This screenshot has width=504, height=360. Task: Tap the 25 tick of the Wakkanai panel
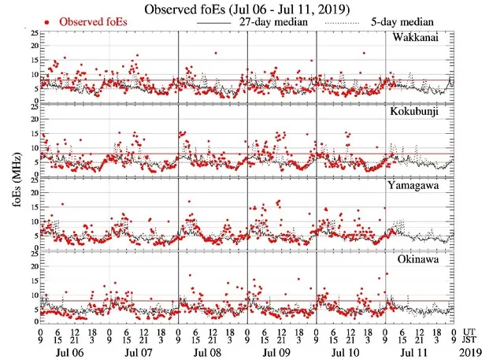(x=31, y=33)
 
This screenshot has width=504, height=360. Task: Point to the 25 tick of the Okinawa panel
(x=31, y=252)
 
